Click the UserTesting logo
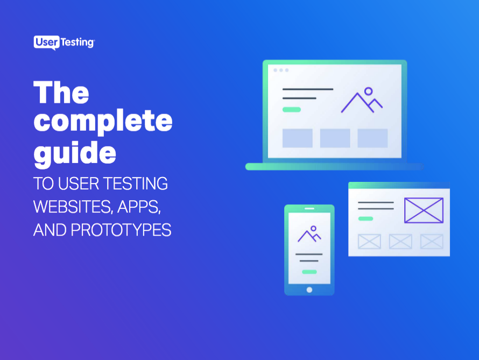pos(64,43)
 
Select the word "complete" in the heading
pos(103,123)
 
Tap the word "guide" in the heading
pos(75,153)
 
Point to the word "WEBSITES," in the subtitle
pos(68,207)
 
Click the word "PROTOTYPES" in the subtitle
pos(121,230)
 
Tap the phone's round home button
pos(309,290)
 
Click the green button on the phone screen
pos(309,272)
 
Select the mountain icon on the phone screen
pos(309,234)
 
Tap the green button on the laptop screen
pos(292,109)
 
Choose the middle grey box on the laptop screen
pos(335,138)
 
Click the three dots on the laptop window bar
pos(281,70)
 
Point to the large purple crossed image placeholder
pos(424,210)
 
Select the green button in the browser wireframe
pos(365,218)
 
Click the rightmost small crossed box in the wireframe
pos(432,241)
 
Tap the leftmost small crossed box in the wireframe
pos(369,241)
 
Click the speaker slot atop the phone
pos(309,209)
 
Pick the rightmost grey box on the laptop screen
pos(372,138)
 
